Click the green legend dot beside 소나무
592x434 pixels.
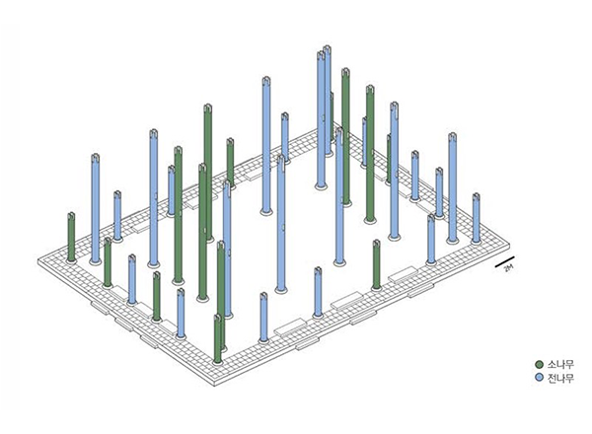pyautogui.click(x=539, y=364)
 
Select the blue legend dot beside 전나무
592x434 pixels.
pyautogui.click(x=539, y=378)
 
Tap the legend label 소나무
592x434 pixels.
pyautogui.click(x=560, y=364)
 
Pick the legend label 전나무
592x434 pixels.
pyautogui.click(x=560, y=378)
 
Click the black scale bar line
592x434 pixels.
pyautogui.click(x=505, y=261)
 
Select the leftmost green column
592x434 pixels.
pyautogui.click(x=71, y=237)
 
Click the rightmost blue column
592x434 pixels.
pyautogui.click(x=477, y=218)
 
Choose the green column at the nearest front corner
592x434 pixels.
pyautogui.click(x=217, y=338)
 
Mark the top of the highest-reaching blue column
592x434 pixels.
pyautogui.click(x=328, y=47)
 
